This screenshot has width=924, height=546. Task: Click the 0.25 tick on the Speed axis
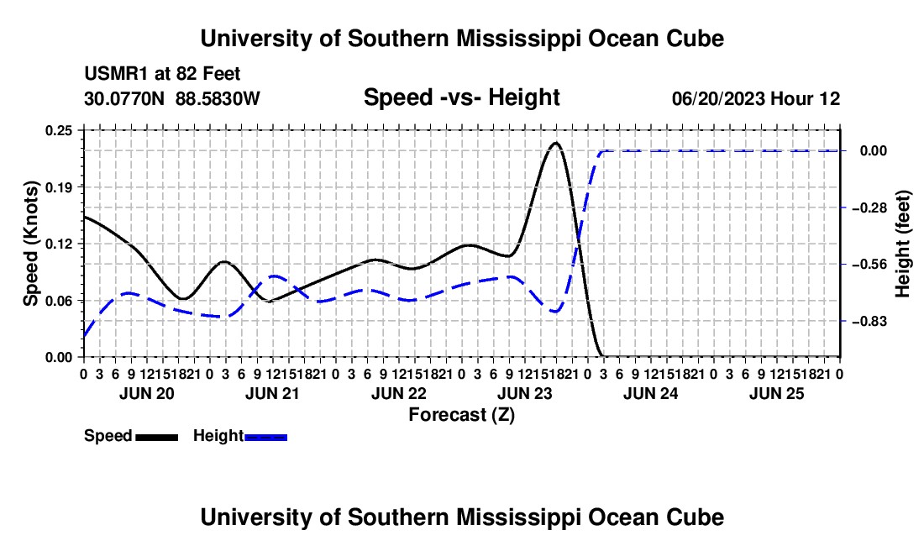point(58,131)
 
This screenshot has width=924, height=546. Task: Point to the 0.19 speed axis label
point(58,188)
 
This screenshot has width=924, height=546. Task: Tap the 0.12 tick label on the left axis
point(58,244)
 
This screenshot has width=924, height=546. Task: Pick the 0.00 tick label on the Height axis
point(874,151)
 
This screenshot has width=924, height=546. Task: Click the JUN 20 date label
point(147,394)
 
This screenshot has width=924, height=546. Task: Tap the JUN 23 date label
point(524,394)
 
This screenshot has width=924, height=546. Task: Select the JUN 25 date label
point(777,394)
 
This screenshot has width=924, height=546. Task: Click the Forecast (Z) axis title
point(461,415)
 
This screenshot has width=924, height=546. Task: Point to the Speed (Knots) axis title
point(30,244)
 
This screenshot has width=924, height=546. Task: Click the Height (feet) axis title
point(902,244)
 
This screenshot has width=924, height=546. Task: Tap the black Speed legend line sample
point(157,438)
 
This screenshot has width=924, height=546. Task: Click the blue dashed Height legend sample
point(265,438)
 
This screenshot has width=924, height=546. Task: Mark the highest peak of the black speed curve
point(555,143)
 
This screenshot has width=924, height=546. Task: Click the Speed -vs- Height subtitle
point(461,97)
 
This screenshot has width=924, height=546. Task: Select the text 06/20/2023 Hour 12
point(756,99)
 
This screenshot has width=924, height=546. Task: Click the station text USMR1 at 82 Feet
point(162,74)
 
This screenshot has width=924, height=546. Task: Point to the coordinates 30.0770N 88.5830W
point(172,99)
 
